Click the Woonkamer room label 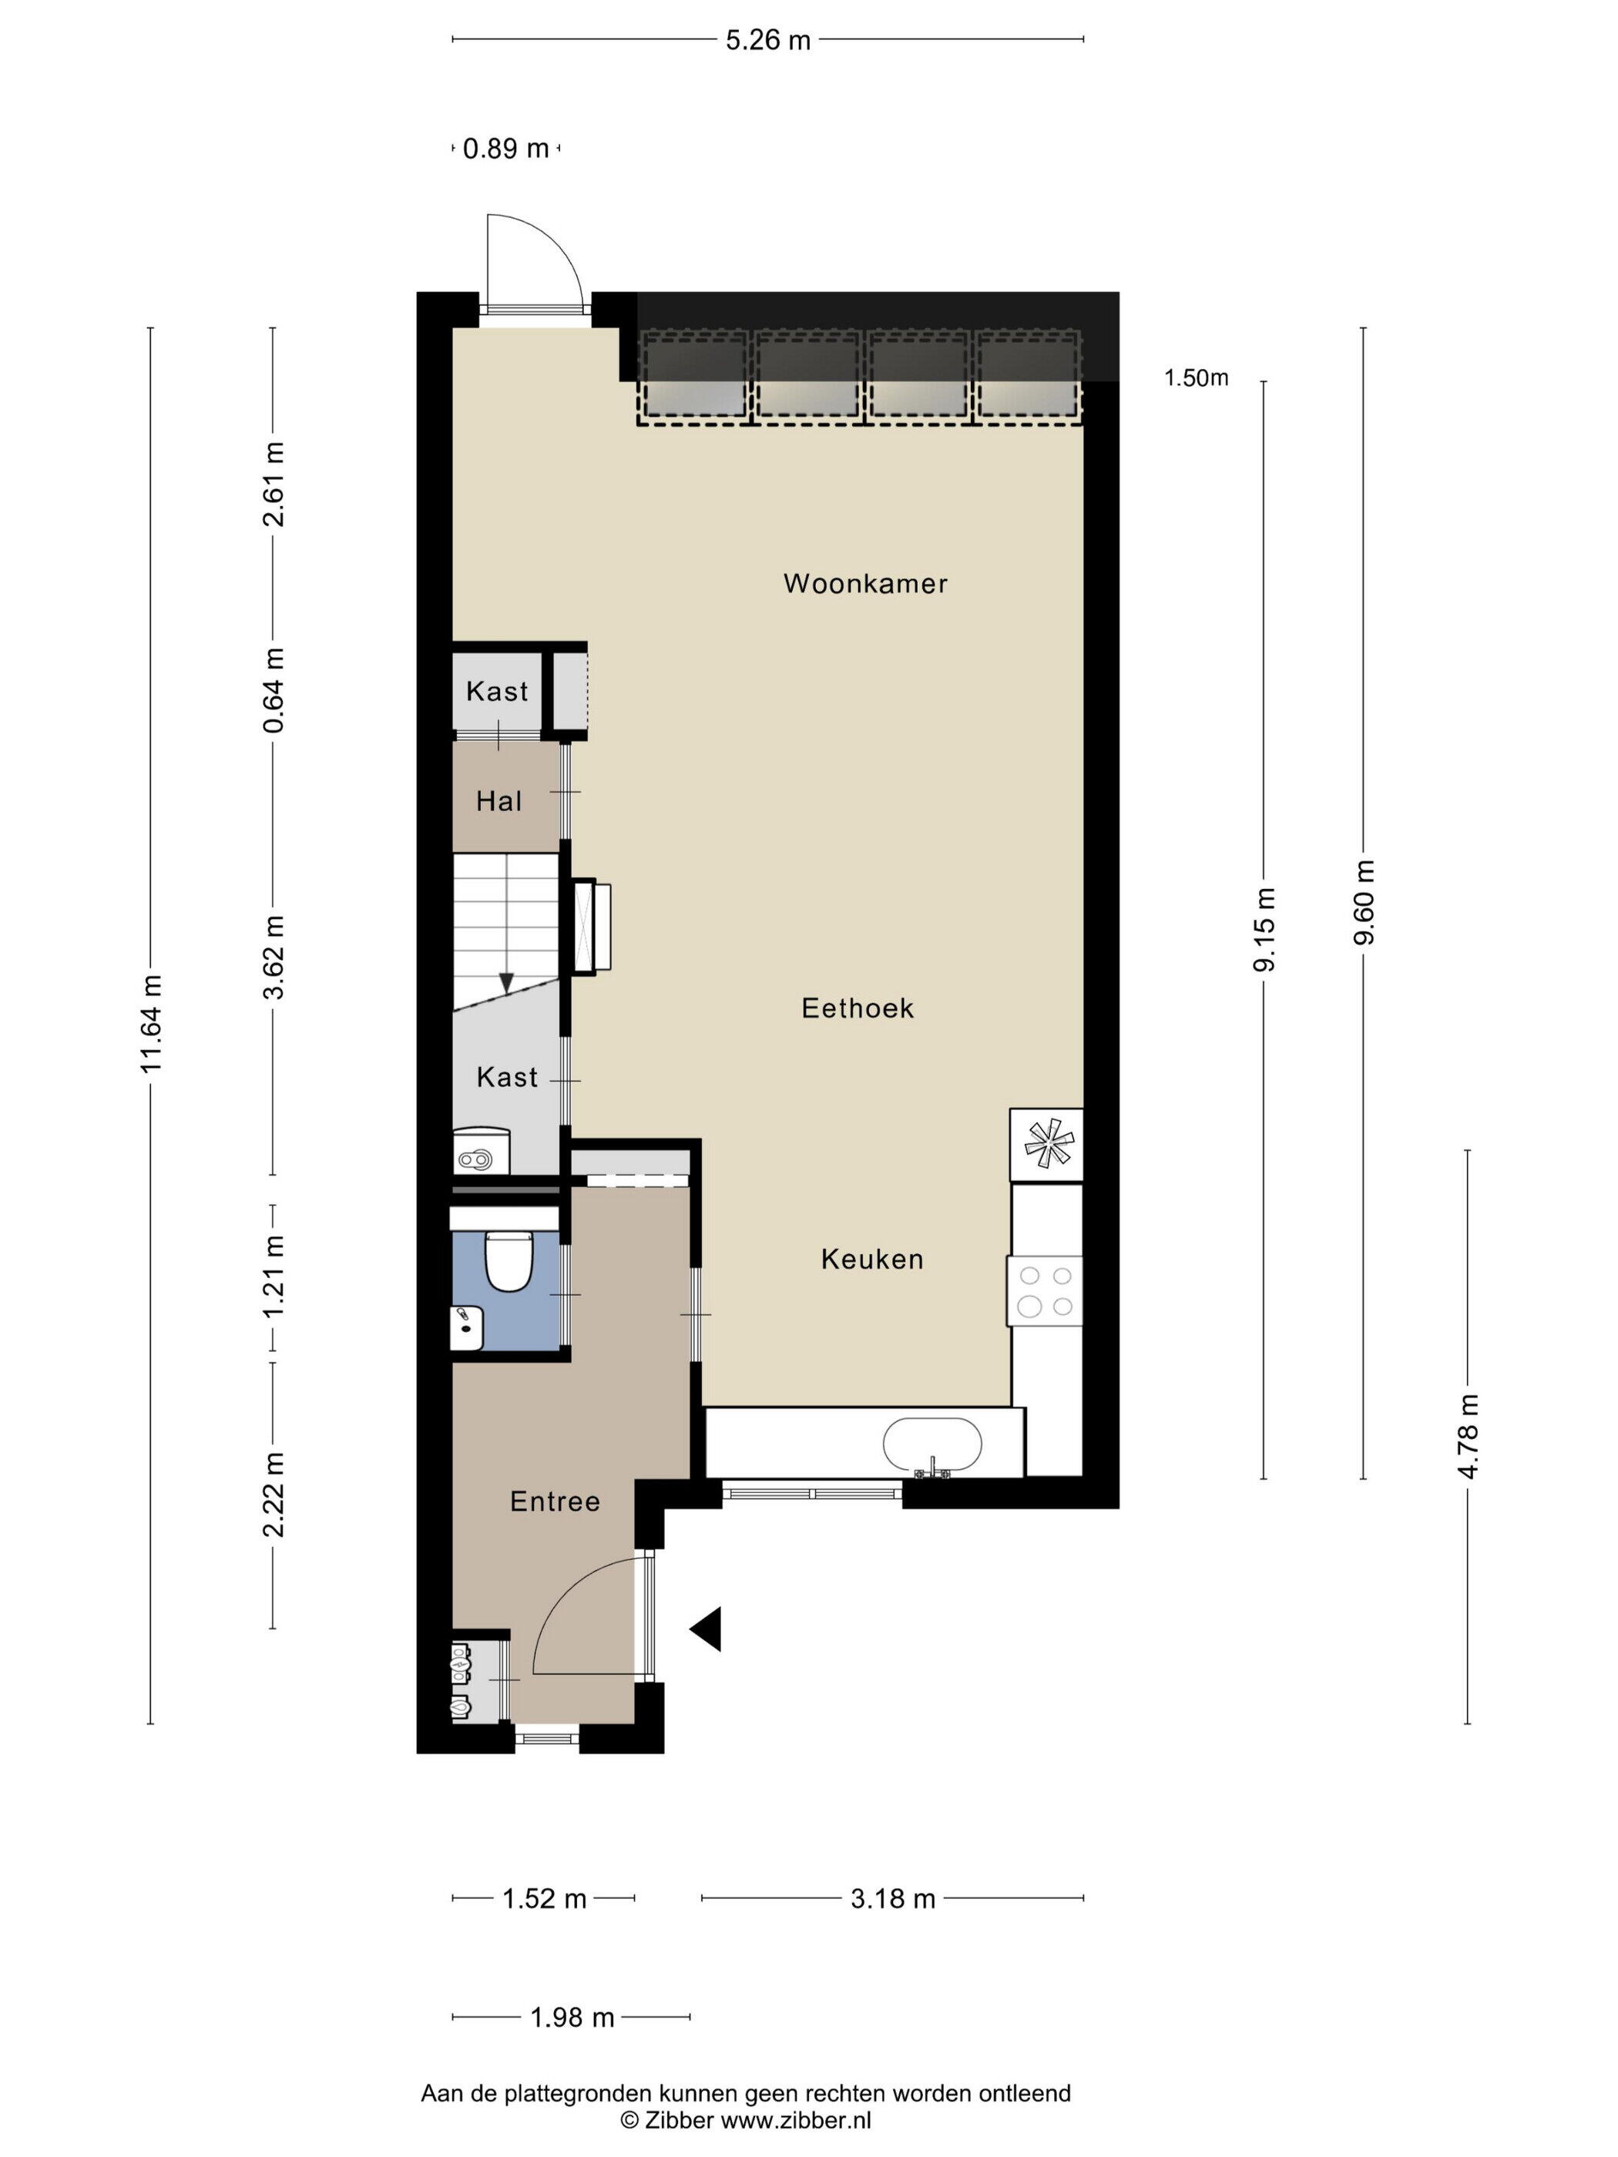[865, 583]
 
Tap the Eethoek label [858, 1008]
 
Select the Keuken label [872, 1259]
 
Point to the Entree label [555, 1501]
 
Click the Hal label [498, 802]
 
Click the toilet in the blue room [508, 1259]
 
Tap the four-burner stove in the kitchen [1045, 1290]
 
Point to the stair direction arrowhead [506, 983]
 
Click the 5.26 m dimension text [767, 40]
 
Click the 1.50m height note [1196, 377]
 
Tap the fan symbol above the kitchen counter [1046, 1144]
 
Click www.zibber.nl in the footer [795, 2120]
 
